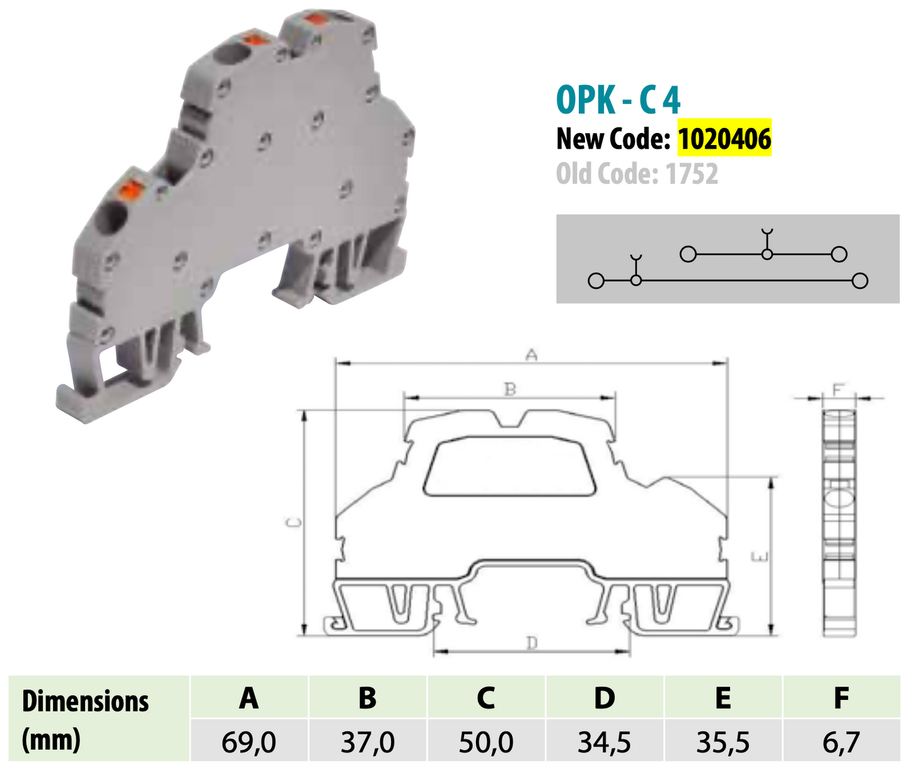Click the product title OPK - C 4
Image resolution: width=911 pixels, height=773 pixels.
pos(618,100)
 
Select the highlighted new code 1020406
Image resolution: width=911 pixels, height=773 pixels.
pos(724,139)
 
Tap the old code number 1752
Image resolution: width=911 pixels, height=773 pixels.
pos(692,173)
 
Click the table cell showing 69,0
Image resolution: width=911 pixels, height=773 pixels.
pos(248,742)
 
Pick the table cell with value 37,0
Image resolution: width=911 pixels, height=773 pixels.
pos(368,742)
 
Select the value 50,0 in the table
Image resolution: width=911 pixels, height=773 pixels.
pos(485,742)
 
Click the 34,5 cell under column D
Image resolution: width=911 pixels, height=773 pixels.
pos(604,742)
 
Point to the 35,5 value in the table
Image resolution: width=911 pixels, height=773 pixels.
pos(722,742)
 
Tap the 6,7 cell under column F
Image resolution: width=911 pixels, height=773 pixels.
pos(840,742)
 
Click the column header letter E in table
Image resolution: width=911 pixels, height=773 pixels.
pos(722,698)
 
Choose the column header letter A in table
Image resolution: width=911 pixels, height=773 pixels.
pos(248,698)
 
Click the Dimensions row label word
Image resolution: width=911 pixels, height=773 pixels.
pos(85,701)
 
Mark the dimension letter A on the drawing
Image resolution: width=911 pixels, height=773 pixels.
pos(531,356)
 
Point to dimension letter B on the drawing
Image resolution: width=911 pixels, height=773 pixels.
pos(510,390)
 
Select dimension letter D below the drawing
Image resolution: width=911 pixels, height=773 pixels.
pos(532,643)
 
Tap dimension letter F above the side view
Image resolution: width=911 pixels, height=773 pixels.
pos(838,390)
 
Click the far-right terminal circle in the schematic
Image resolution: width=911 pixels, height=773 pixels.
pos(859,281)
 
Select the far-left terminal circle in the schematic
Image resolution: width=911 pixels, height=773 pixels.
pos(596,281)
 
